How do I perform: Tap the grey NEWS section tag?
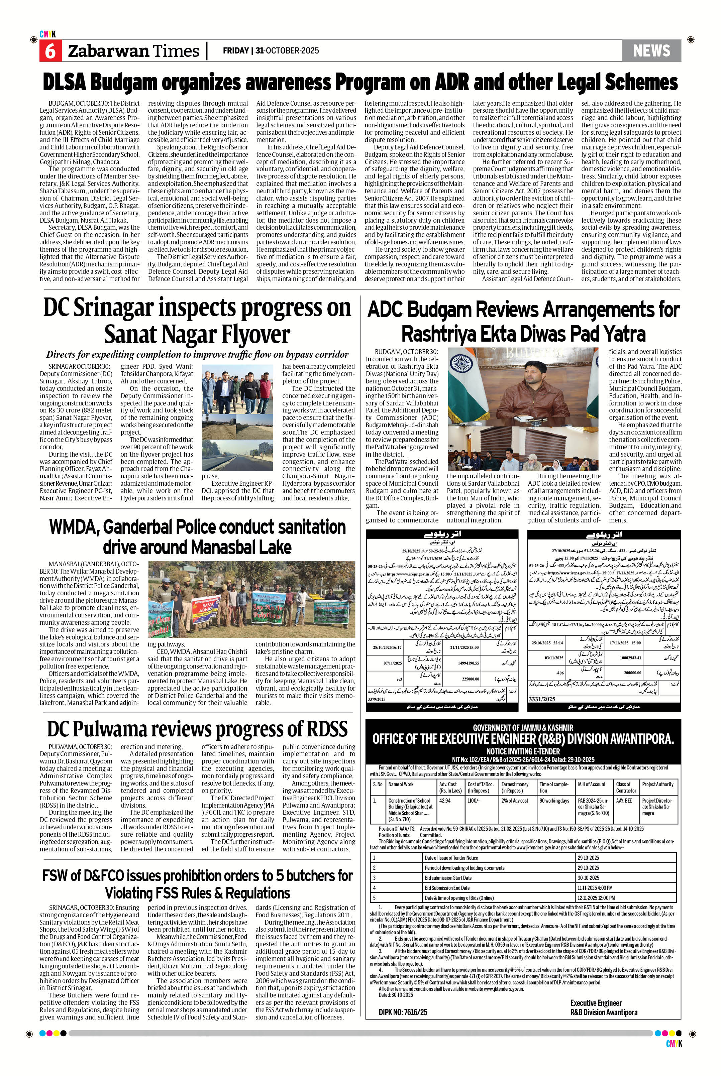[x=651, y=50]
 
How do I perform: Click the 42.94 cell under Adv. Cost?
[x=445, y=800]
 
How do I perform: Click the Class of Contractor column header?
[x=626, y=787]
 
